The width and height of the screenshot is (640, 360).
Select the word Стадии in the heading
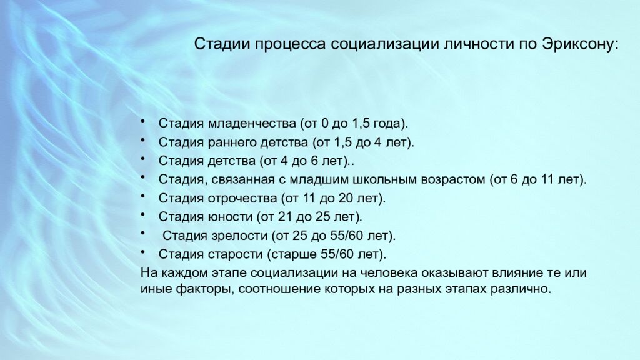click(217, 46)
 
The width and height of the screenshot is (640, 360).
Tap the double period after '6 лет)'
click(352, 161)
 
